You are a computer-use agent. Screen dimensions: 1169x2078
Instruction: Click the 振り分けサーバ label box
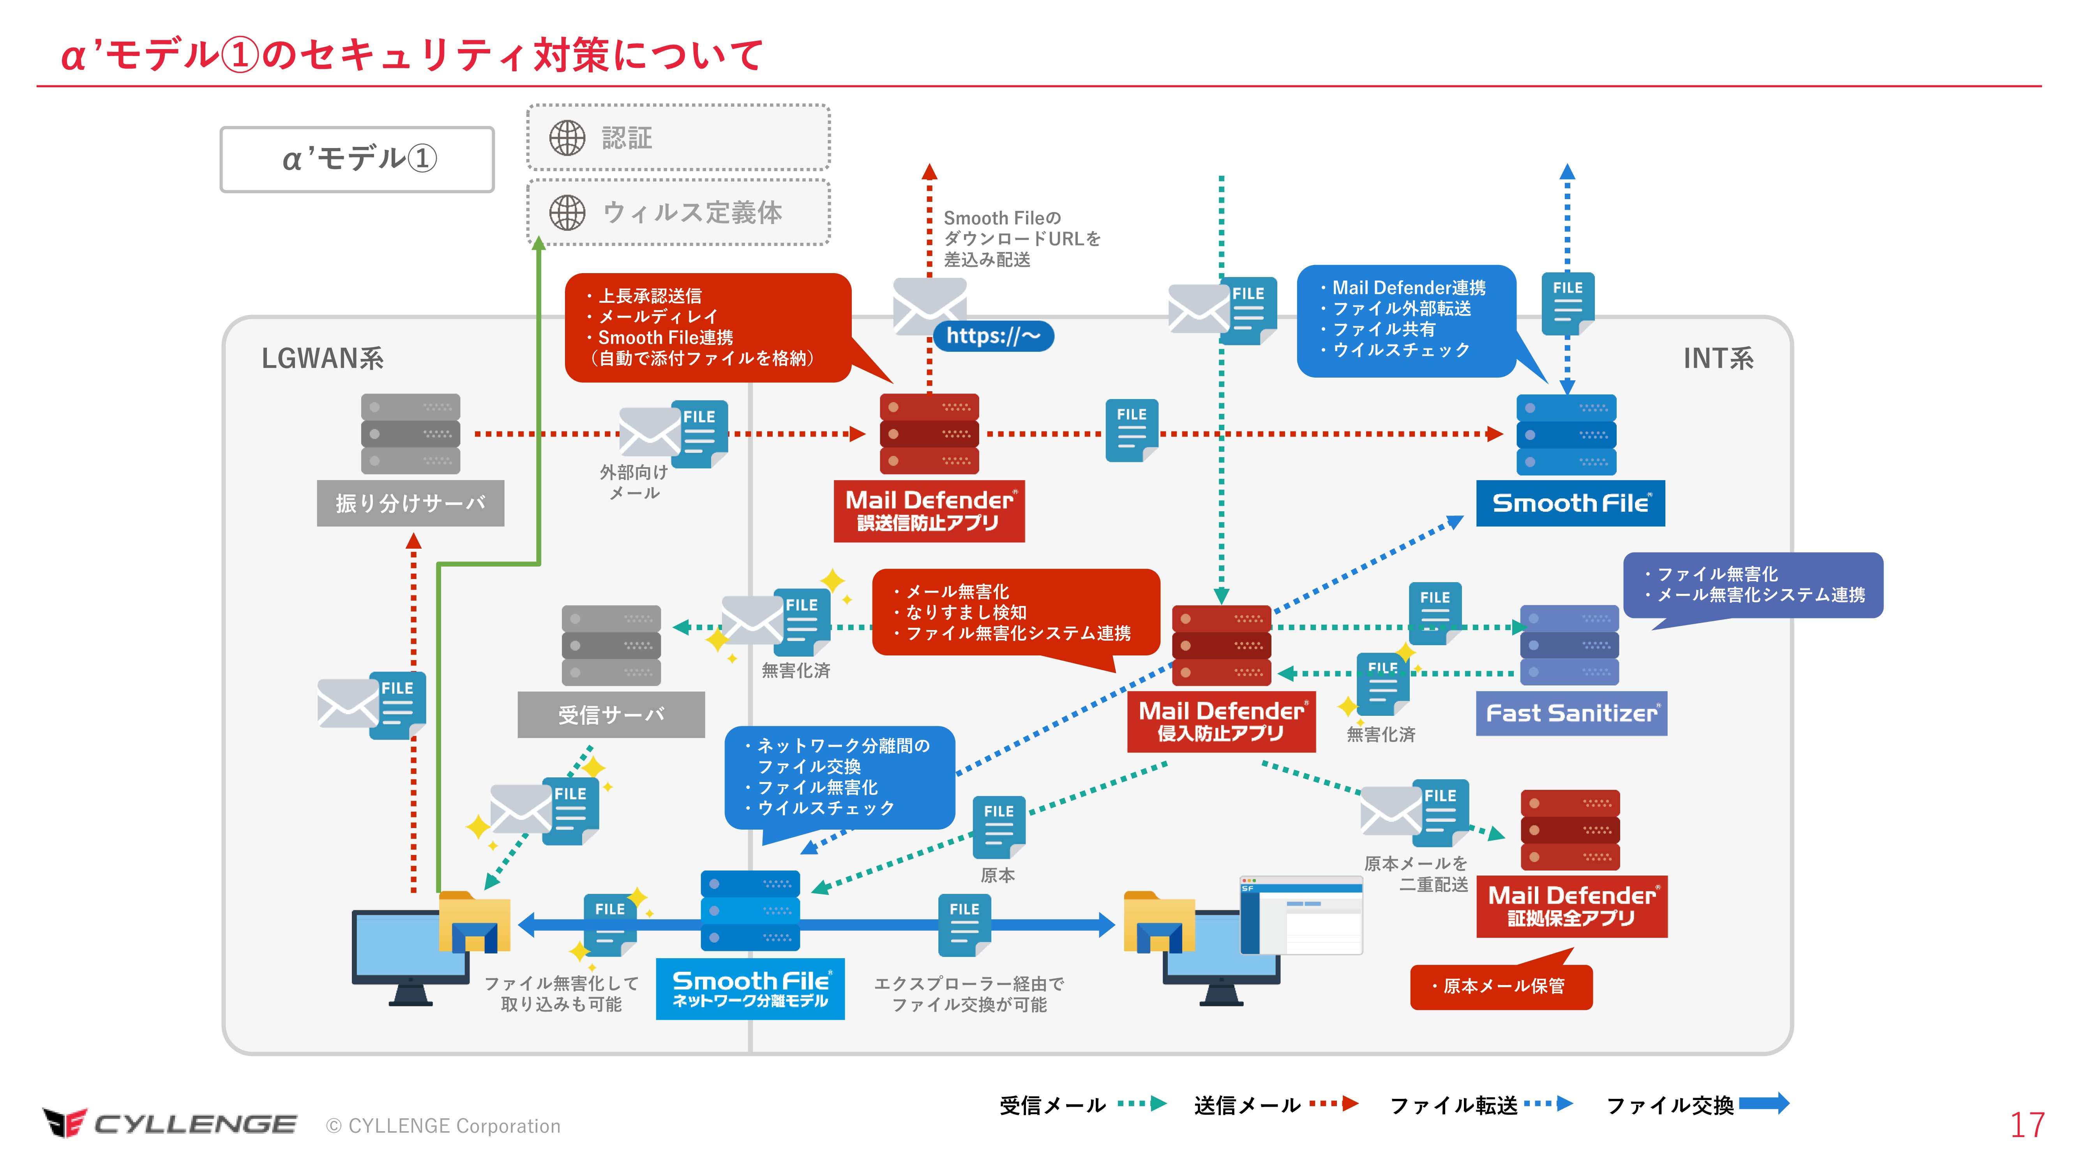coord(411,503)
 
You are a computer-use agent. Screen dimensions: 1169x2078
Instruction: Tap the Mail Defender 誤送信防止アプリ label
coord(929,511)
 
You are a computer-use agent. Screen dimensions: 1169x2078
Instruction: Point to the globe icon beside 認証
coord(567,138)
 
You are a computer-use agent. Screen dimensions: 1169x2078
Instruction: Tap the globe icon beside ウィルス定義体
coord(567,213)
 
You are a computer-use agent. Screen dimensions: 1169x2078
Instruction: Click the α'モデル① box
coord(357,159)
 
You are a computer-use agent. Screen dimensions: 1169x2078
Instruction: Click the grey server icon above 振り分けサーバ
coord(411,434)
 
